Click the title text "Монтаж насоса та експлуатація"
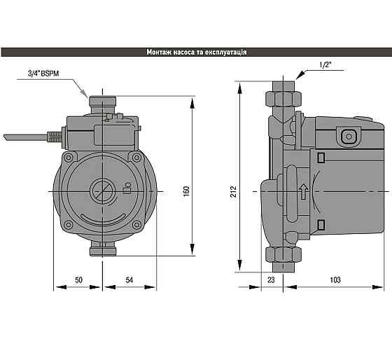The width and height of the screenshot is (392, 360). [x=196, y=53]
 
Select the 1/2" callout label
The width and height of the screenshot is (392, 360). [x=325, y=64]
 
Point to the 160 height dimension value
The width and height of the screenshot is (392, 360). [x=186, y=191]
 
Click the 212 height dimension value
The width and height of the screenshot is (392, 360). [x=234, y=191]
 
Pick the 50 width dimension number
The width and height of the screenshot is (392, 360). [x=78, y=280]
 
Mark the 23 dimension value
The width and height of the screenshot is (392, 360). [x=272, y=280]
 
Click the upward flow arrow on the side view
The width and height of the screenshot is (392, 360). [x=302, y=191]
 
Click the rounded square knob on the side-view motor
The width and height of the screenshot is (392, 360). [x=348, y=135]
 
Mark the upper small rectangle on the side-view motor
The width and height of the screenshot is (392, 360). [x=321, y=158]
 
